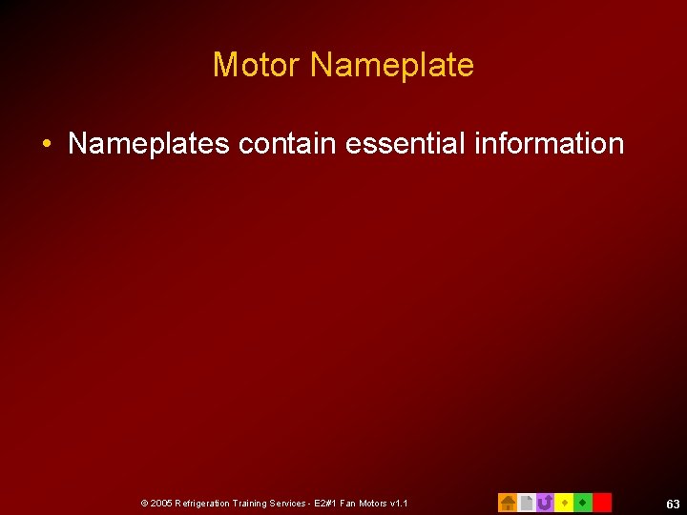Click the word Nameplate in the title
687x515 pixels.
point(392,65)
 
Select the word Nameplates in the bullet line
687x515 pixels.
point(149,144)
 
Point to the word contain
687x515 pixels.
point(287,144)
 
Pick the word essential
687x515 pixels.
point(392,144)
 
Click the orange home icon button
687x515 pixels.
point(508,503)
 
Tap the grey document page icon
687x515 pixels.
point(526,503)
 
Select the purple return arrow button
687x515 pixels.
point(545,503)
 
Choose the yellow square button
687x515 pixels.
point(564,503)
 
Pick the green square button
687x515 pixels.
point(583,503)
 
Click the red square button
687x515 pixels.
point(602,503)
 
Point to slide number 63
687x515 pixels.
point(673,504)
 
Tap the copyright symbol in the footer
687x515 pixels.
point(144,503)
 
